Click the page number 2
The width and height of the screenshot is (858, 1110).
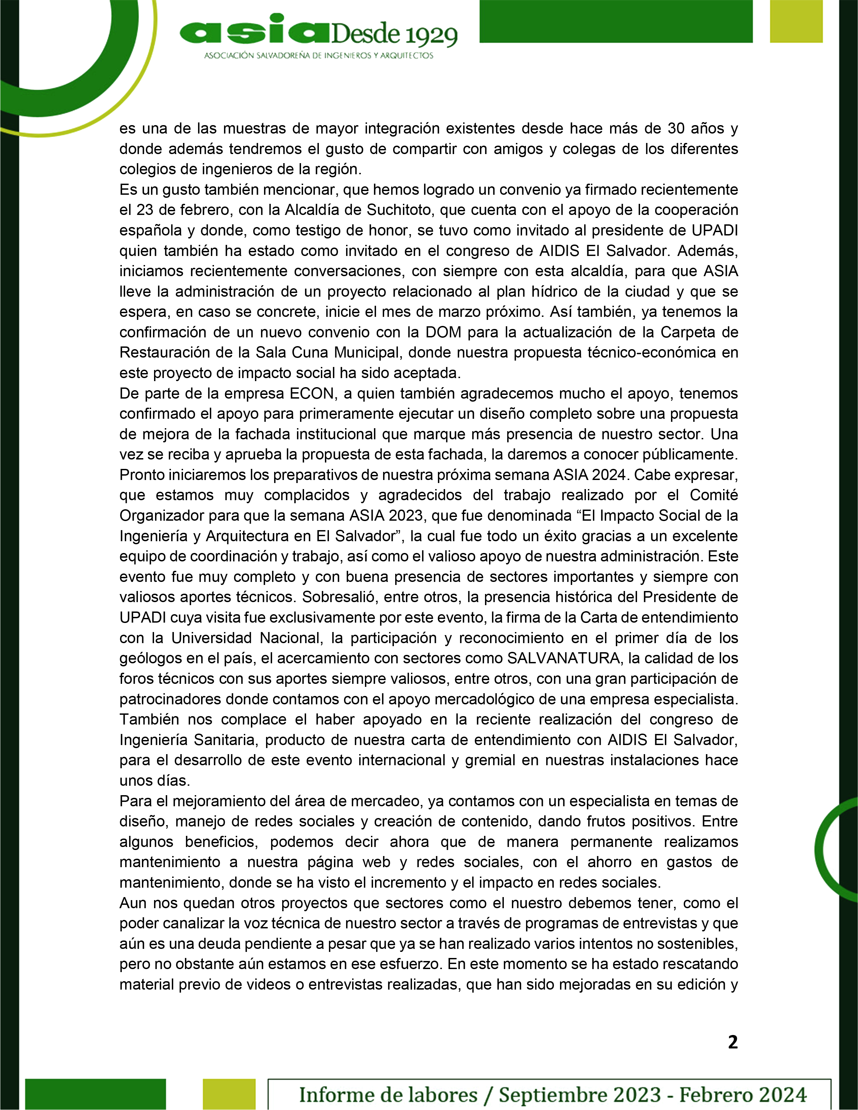[733, 1042]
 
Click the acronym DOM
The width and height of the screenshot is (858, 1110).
[443, 332]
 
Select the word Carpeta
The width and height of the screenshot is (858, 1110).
[689, 332]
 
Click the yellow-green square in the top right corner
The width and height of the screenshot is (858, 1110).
[796, 21]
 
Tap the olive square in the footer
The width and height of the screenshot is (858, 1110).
[229, 1093]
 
